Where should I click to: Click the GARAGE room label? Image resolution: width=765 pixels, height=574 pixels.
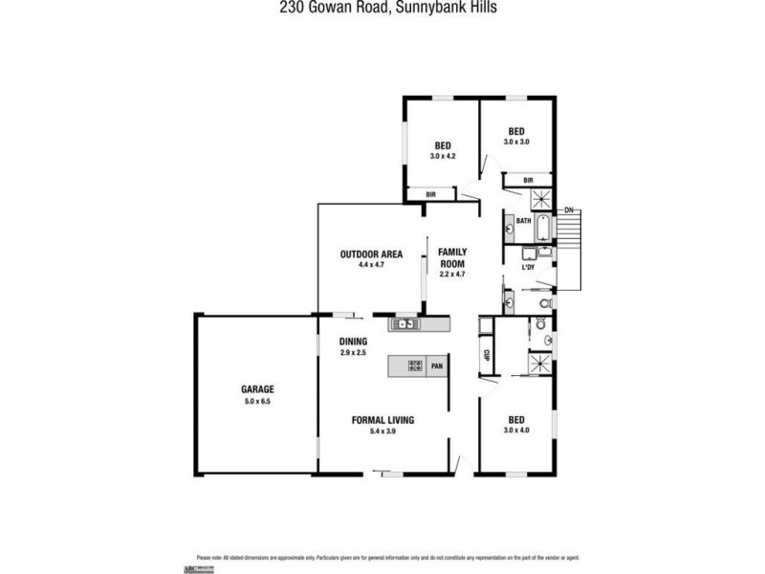[x=257, y=389]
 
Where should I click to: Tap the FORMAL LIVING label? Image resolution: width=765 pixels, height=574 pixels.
[x=382, y=420]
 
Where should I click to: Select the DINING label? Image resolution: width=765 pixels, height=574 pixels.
[x=353, y=342]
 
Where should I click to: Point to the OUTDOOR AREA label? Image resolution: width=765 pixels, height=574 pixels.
[x=370, y=254]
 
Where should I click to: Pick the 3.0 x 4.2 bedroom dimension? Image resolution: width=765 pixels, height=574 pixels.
[x=442, y=156]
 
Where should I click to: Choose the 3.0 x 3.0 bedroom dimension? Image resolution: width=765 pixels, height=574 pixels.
[x=515, y=142]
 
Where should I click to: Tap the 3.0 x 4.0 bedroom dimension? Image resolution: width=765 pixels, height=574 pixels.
[x=515, y=430]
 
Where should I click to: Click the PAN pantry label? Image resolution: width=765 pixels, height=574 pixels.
[x=437, y=364]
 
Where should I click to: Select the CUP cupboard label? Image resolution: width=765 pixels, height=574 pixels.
[x=486, y=356]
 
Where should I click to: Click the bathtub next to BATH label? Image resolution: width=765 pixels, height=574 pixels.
[x=542, y=229]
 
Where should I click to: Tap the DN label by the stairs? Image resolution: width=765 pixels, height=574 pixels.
[x=568, y=210]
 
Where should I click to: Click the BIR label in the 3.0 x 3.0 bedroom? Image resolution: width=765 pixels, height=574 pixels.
[x=528, y=180]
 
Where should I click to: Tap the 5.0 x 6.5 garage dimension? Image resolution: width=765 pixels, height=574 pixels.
[x=257, y=402]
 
